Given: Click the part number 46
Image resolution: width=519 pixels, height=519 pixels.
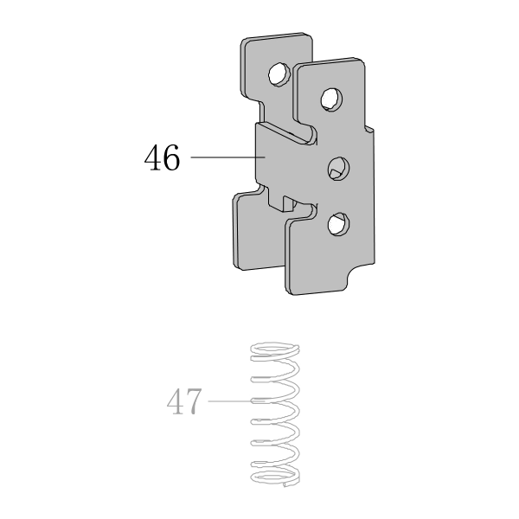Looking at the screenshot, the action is (x=163, y=157).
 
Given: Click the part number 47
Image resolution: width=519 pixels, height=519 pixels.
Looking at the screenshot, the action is (x=184, y=401).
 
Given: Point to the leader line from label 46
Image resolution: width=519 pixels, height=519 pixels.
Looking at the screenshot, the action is (x=227, y=157).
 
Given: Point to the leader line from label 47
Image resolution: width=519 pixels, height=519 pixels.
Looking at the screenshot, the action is (x=236, y=401).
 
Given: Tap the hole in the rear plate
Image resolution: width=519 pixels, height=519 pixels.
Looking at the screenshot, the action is (x=278, y=74).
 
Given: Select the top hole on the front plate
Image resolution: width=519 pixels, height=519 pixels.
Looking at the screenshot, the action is (x=331, y=99).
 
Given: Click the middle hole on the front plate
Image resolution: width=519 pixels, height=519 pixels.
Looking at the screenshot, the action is (x=338, y=169).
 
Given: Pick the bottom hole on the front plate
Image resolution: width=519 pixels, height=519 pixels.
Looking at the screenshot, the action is (x=338, y=224).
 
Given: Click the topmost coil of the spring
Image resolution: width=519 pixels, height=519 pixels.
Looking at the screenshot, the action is (x=275, y=350).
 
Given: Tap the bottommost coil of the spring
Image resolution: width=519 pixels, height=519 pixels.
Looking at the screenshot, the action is (x=275, y=477).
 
